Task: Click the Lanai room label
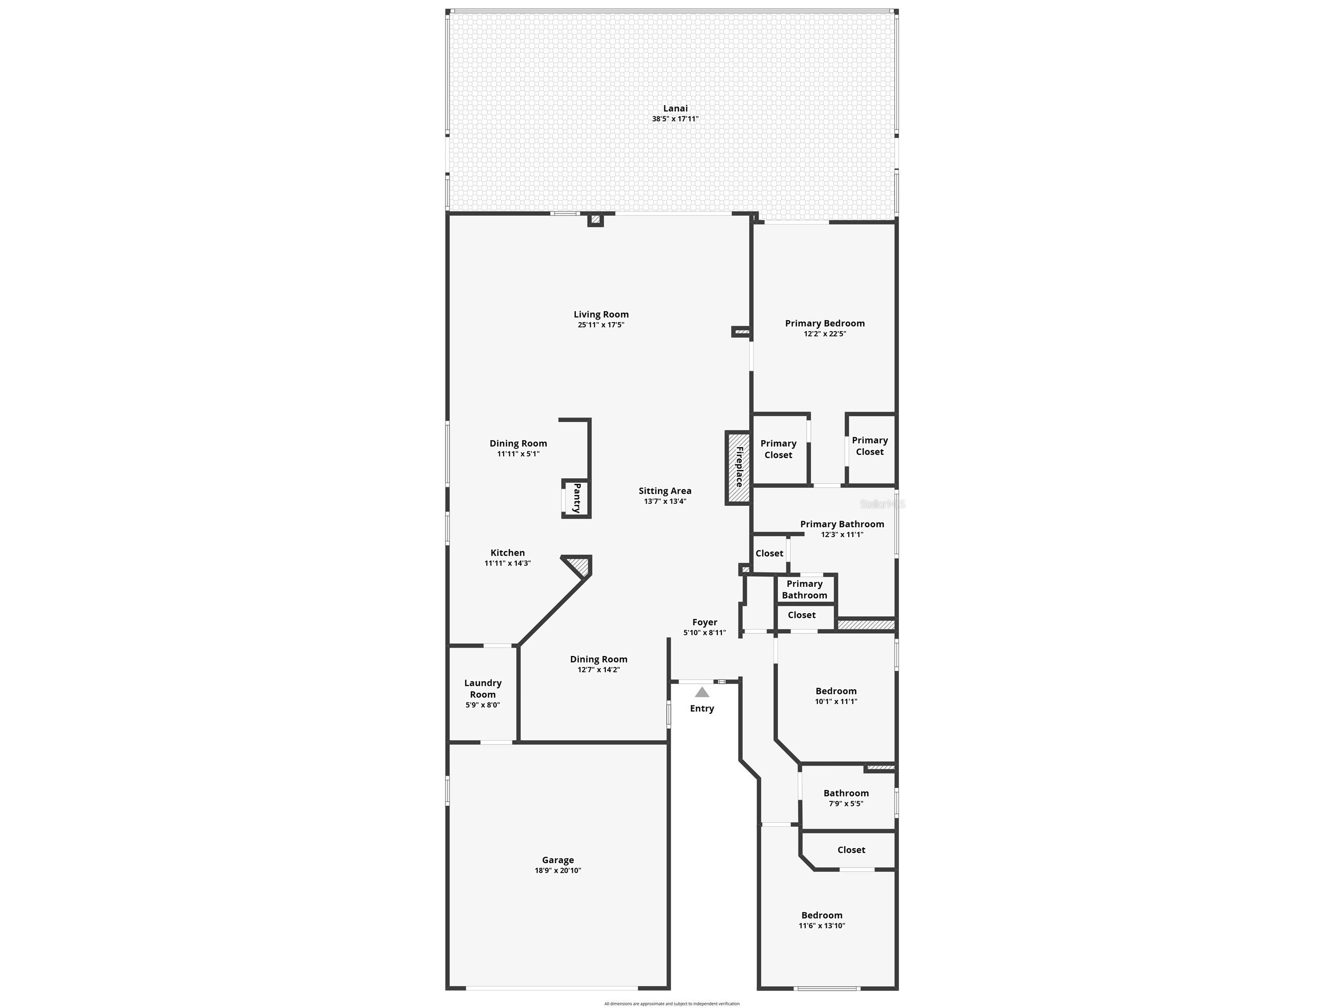tap(675, 108)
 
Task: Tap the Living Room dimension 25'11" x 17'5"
tap(601, 325)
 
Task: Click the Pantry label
tap(576, 498)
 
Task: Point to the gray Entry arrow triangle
tap(702, 692)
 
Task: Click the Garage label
tap(558, 860)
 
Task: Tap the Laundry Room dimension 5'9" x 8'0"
tap(482, 705)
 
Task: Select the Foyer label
tap(705, 622)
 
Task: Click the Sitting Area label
tap(665, 491)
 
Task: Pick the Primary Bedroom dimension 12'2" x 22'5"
tap(824, 334)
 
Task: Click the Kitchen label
tap(507, 553)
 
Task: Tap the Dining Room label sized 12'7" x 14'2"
tap(598, 659)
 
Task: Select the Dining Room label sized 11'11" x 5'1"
tap(518, 444)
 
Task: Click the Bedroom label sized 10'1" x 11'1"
tap(836, 691)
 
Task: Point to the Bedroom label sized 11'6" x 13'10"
tap(821, 915)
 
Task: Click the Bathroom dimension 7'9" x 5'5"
tap(846, 804)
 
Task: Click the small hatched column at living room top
tap(595, 220)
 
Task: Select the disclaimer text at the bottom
tap(672, 1004)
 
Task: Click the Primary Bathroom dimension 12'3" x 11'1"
tap(842, 535)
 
